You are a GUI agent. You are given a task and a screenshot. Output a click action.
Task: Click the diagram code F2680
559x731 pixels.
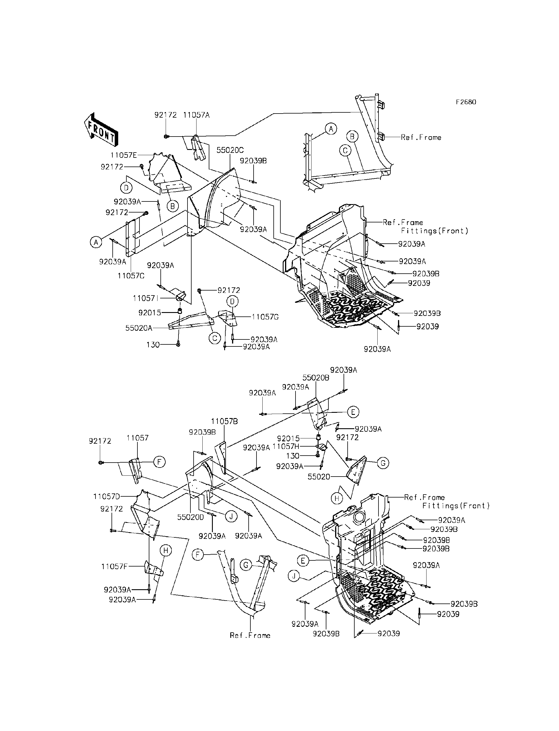[x=466, y=102]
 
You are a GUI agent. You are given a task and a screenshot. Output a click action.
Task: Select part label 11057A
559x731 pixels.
[x=196, y=115]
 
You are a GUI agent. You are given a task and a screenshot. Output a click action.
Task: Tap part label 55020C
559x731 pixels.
[x=230, y=150]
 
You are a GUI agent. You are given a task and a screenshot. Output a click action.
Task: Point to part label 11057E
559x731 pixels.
[x=123, y=155]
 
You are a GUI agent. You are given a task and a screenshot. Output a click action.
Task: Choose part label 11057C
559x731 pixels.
[x=131, y=276]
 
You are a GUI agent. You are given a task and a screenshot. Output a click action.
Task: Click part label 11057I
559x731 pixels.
[x=144, y=298]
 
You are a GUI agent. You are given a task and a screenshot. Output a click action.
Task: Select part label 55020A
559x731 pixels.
[x=139, y=328]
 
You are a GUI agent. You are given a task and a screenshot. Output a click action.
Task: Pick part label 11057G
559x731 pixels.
[x=265, y=317]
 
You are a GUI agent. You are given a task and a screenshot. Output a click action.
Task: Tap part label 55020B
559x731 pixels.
[x=316, y=378]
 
